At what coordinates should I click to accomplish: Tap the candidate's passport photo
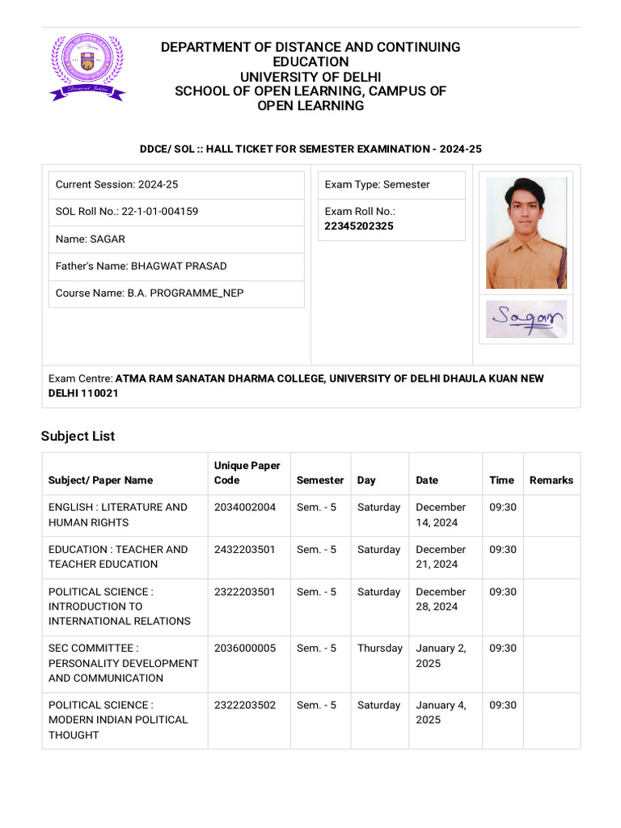pos(526,233)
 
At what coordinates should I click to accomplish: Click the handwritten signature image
pos(526,319)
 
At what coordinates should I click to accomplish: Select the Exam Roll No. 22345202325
pos(359,226)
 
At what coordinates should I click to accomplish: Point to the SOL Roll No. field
pos(127,211)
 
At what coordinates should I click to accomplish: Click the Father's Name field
pos(141,266)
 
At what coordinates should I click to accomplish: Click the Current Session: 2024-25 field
pos(116,184)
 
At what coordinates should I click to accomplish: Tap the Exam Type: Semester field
pos(377,184)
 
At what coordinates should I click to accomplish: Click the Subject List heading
pos(78,436)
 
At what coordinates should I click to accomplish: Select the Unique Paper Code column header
pos(247,472)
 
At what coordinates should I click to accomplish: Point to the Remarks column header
pos(551,480)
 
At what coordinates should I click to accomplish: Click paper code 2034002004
pos(245,507)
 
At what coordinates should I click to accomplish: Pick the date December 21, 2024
pos(441,556)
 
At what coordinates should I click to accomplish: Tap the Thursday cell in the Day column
pos(379,648)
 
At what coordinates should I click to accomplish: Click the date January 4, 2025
pos(441,712)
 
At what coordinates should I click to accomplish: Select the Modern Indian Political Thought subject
pos(118,720)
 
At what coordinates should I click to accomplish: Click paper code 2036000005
pos(245,648)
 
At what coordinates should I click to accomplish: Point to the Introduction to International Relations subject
pos(119,606)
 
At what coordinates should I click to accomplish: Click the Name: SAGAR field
pos(90,239)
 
